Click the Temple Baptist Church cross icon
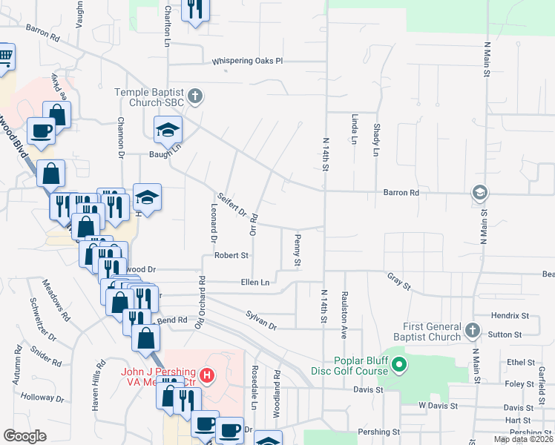point(194,96)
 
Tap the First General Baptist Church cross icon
point(473,329)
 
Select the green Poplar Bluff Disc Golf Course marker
point(399,364)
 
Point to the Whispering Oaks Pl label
point(248,62)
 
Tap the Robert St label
point(231,255)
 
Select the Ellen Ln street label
point(254,282)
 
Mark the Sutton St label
point(505,334)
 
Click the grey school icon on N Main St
point(479,193)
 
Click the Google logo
point(24,436)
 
